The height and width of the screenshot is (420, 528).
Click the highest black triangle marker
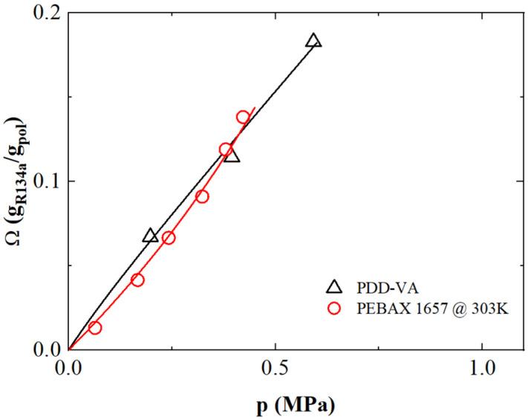(x=313, y=41)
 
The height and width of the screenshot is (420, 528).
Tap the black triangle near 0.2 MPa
(x=150, y=236)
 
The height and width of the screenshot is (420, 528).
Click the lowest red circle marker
(x=94, y=328)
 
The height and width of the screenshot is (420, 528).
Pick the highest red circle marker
(x=243, y=117)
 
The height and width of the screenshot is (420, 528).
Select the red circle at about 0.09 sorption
(x=202, y=197)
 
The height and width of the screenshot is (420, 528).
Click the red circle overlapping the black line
(x=226, y=149)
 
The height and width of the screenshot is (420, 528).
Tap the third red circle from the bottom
(x=169, y=238)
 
